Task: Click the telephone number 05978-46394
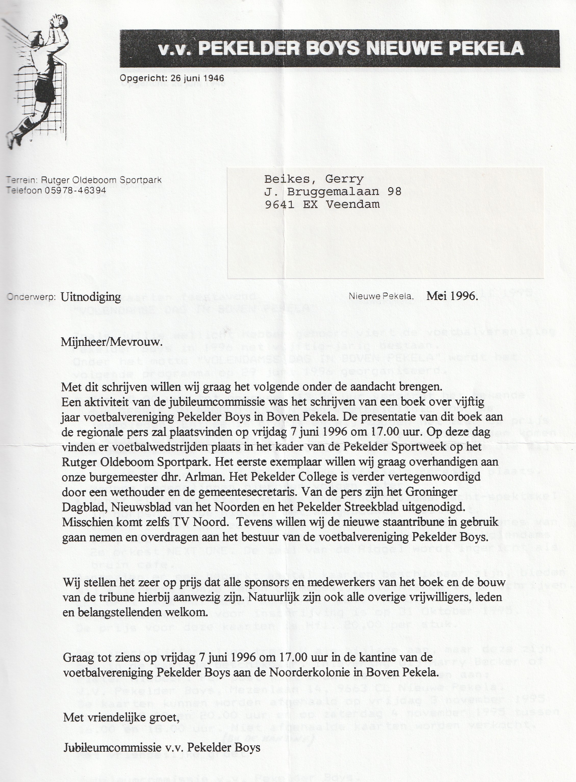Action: tap(75, 190)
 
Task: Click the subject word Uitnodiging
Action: tap(91, 297)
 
